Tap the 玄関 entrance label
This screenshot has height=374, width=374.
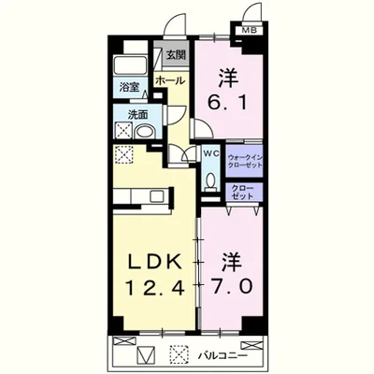click(x=176, y=54)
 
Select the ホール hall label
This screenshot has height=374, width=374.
click(x=169, y=82)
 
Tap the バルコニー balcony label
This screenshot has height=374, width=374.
click(x=223, y=354)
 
